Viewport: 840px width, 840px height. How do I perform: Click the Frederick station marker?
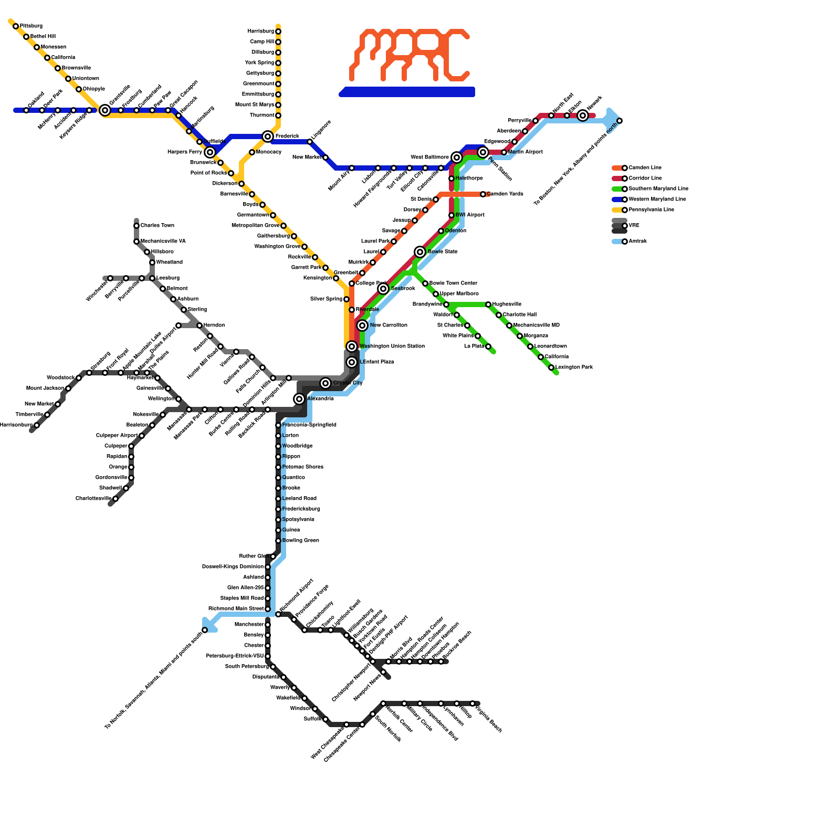(268, 136)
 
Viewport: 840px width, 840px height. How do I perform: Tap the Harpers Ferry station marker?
(210, 152)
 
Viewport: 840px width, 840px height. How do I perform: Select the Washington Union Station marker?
(352, 346)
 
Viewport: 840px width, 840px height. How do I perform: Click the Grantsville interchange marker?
(105, 110)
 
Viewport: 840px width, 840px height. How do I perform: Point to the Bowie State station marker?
(420, 252)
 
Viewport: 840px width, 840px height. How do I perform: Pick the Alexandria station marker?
(299, 399)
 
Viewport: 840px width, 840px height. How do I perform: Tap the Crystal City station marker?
(325, 383)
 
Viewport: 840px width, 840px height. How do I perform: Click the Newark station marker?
(583, 115)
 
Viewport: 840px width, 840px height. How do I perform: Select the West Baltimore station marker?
(457, 157)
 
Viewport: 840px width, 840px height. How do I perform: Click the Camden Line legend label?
(645, 168)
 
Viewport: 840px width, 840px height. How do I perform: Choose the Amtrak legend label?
(638, 241)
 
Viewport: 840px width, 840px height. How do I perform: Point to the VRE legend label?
(634, 226)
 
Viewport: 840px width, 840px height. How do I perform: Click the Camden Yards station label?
(505, 194)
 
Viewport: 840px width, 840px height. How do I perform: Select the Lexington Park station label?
(574, 367)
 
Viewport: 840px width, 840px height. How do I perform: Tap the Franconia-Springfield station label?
(309, 425)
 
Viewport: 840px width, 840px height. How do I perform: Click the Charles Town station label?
(157, 226)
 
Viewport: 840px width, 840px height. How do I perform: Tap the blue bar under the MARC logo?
(407, 92)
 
